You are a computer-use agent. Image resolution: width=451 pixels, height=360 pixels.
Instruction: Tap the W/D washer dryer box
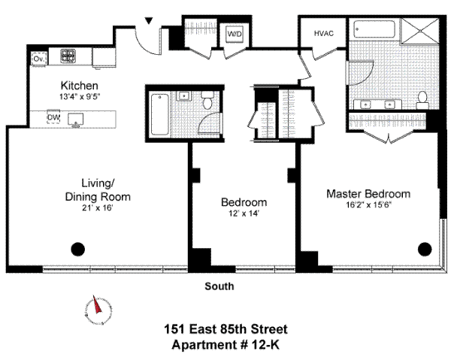(x=235, y=34)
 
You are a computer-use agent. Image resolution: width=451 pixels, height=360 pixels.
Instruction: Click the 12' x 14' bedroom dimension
(x=244, y=213)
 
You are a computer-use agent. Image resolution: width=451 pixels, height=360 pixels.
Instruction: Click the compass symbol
(x=96, y=308)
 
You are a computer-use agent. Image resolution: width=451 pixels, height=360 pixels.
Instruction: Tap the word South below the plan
(x=219, y=286)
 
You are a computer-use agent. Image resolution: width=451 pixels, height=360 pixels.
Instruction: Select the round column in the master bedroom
(x=425, y=250)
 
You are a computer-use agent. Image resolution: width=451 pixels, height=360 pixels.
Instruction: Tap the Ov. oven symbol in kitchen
(x=38, y=57)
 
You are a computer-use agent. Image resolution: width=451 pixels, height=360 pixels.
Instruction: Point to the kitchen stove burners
(x=70, y=56)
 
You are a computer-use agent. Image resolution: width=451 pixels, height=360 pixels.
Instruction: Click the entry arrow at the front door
(x=149, y=21)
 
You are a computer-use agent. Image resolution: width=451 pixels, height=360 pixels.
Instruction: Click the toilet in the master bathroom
(x=423, y=97)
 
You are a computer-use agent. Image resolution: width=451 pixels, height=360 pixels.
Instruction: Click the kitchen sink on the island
(x=76, y=119)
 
